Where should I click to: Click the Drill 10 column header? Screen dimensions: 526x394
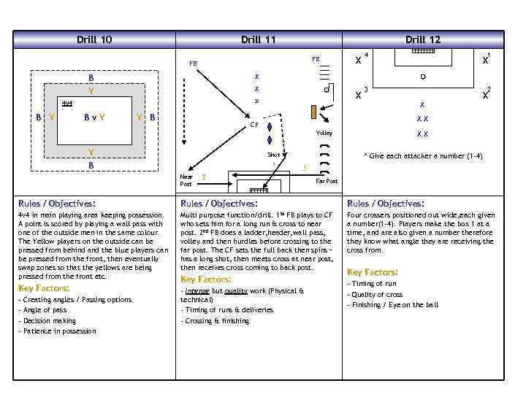(x=94, y=39)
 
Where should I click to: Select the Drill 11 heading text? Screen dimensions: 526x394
(x=258, y=39)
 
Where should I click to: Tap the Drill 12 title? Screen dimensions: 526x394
(x=423, y=39)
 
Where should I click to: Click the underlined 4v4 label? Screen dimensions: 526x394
(x=66, y=103)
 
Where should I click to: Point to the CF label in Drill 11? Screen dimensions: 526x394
(x=254, y=125)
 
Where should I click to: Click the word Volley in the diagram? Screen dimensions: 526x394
(x=324, y=134)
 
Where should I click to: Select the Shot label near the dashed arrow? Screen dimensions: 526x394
(x=273, y=155)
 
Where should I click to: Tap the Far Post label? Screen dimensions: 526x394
(x=326, y=180)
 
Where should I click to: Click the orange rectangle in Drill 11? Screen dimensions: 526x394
(x=313, y=112)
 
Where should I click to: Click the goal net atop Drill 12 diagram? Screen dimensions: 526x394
(x=423, y=51)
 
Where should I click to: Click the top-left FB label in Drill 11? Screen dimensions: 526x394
(x=193, y=63)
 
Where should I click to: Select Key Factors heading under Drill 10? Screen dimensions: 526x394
(x=44, y=288)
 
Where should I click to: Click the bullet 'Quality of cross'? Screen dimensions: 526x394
(x=376, y=294)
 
